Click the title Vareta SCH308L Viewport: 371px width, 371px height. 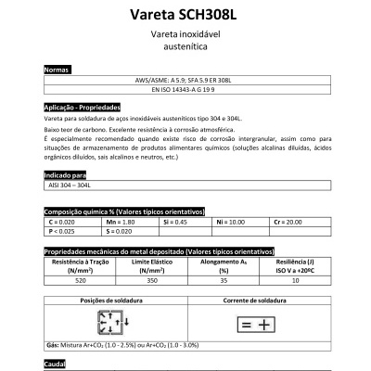tap(185, 14)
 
